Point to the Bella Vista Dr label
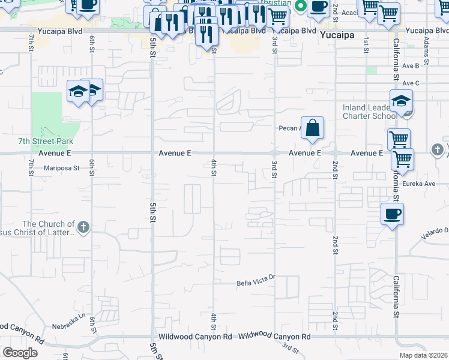click(x=255, y=277)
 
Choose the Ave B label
click(x=411, y=66)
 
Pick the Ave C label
click(x=411, y=83)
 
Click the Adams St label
click(x=426, y=50)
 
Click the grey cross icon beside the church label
click(x=83, y=227)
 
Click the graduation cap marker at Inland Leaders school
click(x=401, y=101)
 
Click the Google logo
click(x=20, y=353)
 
